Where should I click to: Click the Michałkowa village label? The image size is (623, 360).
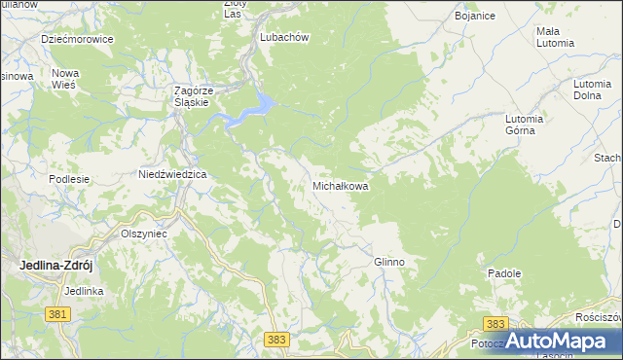pyautogui.click(x=340, y=185)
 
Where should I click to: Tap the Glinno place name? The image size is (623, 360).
pyautogui.click(x=388, y=263)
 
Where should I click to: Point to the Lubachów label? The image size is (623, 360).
pyautogui.click(x=284, y=37)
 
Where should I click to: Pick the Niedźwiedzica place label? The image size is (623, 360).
pyautogui.click(x=172, y=175)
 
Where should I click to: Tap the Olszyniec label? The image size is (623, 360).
pyautogui.click(x=144, y=234)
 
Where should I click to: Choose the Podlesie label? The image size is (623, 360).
pyautogui.click(x=69, y=179)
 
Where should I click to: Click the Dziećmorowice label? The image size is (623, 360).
pyautogui.click(x=78, y=40)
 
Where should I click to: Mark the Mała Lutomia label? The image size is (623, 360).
pyautogui.click(x=555, y=37)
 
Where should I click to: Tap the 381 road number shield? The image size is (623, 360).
pyautogui.click(x=57, y=313)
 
